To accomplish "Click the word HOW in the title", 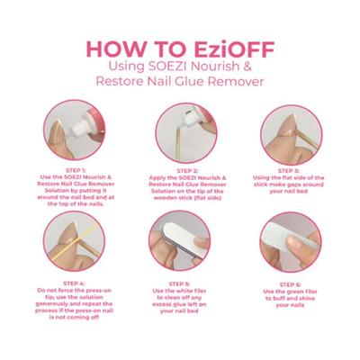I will [117, 47].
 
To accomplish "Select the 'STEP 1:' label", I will [76, 169].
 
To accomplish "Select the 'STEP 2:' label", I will [184, 169].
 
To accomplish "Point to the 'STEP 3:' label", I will [290, 169].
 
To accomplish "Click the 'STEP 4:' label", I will [76, 283].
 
